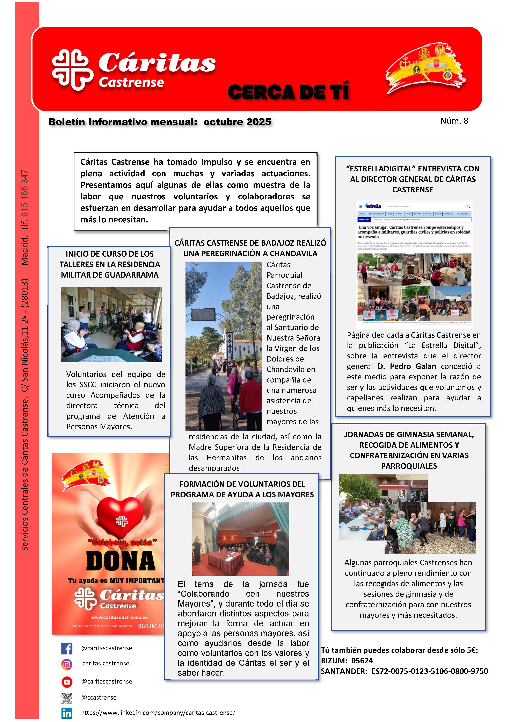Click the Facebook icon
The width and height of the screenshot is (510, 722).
coord(67,648)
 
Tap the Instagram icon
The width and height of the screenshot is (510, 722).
coord(67,664)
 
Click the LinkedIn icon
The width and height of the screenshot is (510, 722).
coord(67,713)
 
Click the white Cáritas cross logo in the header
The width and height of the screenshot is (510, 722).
coord(73,70)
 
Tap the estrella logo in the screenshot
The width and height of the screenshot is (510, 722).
coord(373,206)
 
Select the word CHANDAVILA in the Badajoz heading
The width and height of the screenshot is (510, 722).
coord(293,253)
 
